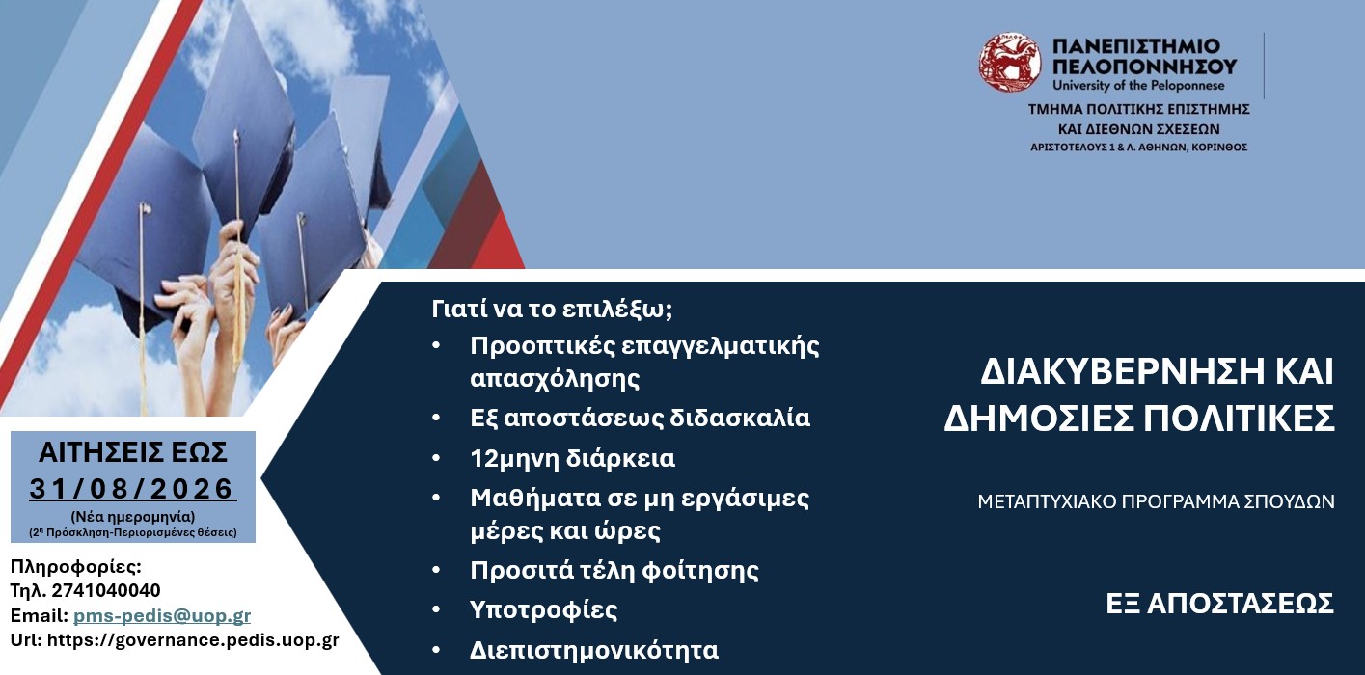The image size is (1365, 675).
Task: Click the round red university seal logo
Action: (1010, 63)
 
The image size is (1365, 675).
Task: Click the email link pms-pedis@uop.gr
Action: (162, 616)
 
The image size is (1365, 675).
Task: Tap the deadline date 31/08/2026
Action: (133, 489)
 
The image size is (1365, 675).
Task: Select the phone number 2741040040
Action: (106, 590)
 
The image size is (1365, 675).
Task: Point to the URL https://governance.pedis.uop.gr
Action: (193, 640)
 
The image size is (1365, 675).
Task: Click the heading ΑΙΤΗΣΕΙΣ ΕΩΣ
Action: (133, 452)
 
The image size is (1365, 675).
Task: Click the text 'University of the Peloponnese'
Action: (1138, 86)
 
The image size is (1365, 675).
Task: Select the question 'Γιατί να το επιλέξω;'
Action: (552, 309)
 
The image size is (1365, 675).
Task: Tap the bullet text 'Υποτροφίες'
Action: (543, 609)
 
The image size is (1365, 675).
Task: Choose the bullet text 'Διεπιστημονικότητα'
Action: (594, 650)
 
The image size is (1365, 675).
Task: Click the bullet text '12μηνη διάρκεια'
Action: (572, 458)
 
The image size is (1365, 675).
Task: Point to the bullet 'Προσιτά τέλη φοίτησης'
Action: (614, 570)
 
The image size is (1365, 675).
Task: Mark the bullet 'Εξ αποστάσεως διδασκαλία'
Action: (640, 418)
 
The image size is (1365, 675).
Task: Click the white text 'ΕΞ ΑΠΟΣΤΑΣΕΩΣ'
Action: (1220, 604)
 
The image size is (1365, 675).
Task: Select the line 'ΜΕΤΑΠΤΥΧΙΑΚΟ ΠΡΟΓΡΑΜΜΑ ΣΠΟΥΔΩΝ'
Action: (1156, 501)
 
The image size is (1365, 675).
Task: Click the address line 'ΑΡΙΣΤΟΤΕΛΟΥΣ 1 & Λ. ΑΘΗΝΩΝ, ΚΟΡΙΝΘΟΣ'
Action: (1138, 148)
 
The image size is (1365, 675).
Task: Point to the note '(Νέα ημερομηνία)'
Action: (133, 517)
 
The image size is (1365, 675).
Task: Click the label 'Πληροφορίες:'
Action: (75, 567)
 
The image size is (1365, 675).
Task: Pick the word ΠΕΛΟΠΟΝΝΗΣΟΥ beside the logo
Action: (1145, 66)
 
